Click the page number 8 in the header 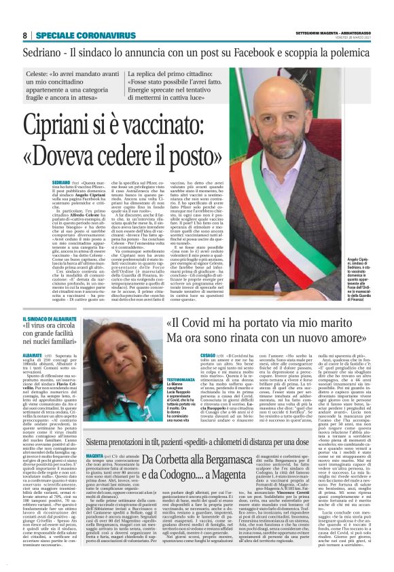click(x=24, y=35)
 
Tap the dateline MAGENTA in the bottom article click(x=95, y=454)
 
